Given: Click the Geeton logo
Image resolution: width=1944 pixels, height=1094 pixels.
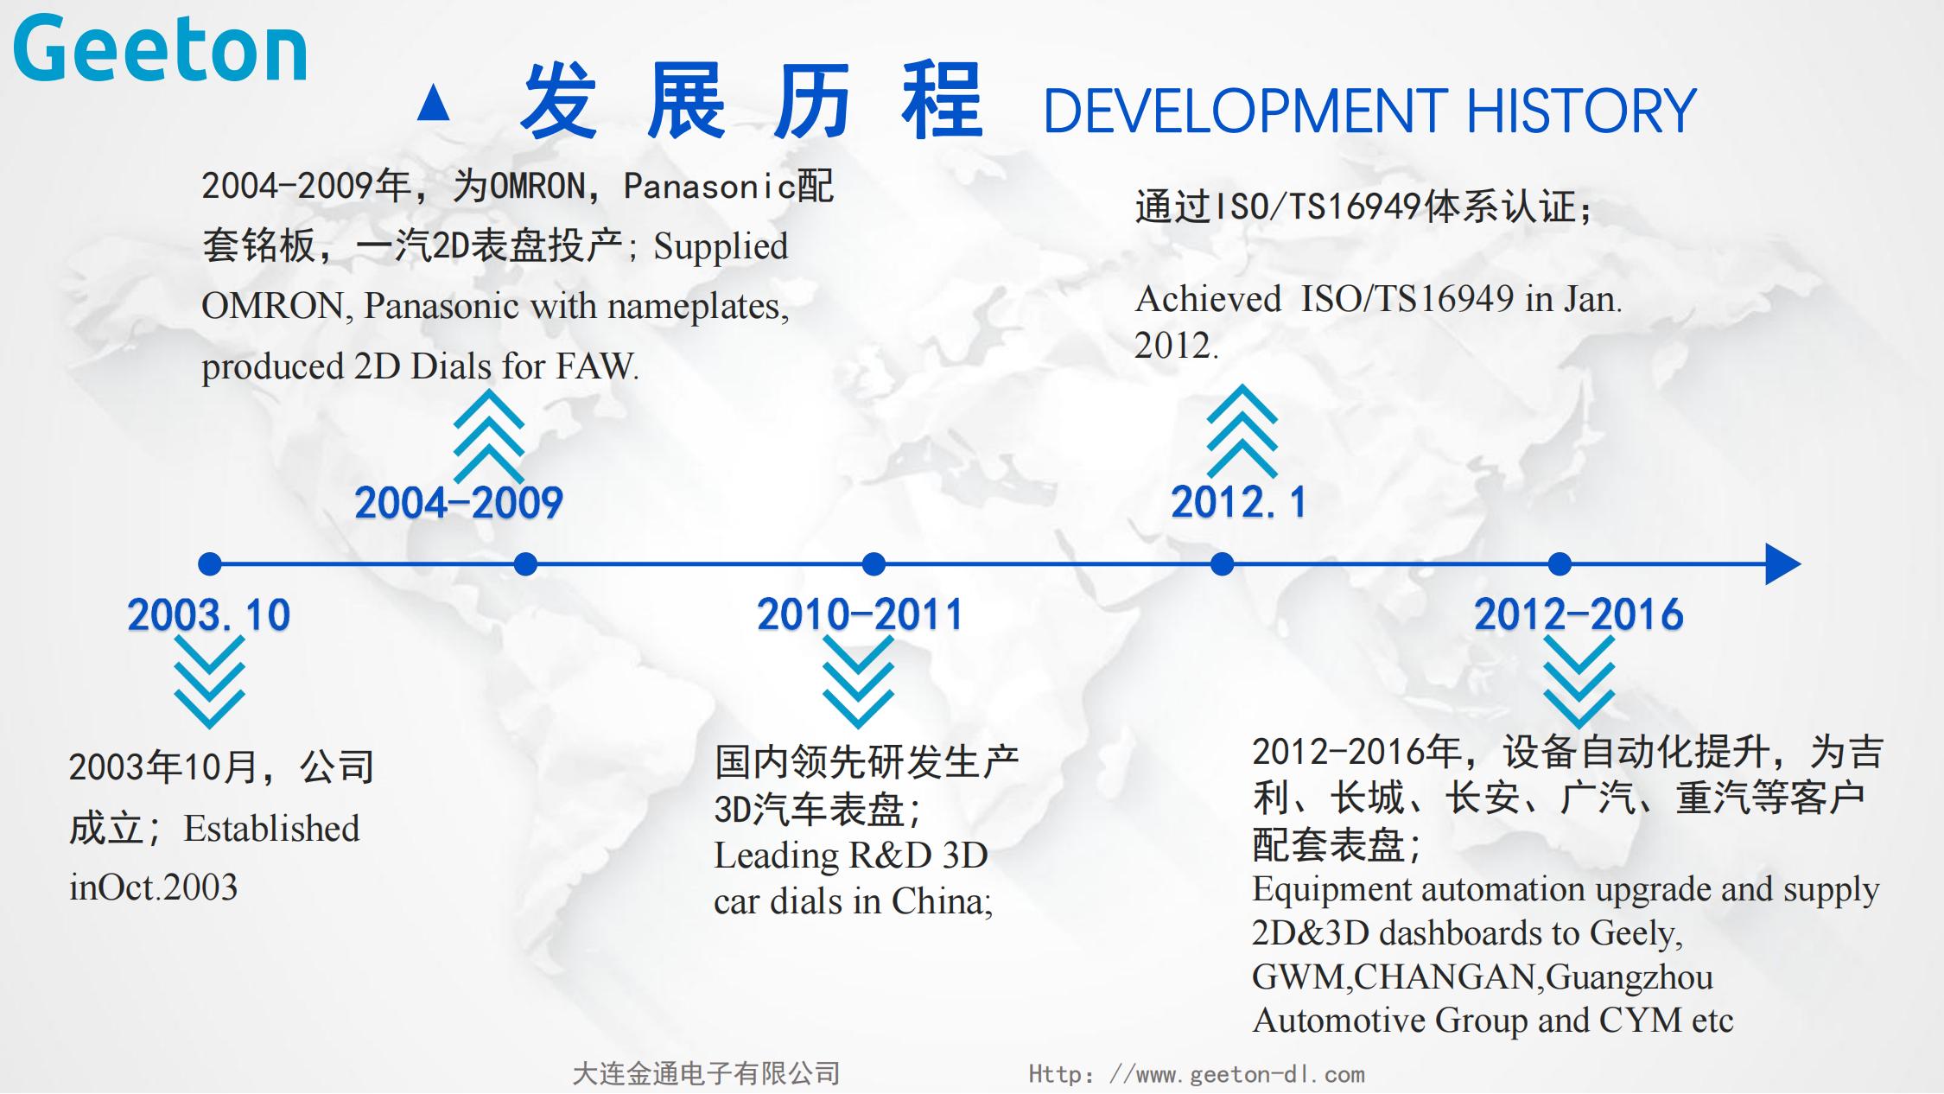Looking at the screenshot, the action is [160, 49].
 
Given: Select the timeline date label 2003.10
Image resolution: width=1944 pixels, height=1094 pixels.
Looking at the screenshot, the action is [209, 614].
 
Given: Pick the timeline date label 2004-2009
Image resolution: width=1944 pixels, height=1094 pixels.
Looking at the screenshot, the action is [459, 502].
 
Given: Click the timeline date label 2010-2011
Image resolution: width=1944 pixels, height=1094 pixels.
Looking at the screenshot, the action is [860, 614].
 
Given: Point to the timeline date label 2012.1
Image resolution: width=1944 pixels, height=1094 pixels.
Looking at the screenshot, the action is [1238, 502].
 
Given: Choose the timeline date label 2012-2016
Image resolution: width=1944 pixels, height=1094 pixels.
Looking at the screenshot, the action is [1579, 614].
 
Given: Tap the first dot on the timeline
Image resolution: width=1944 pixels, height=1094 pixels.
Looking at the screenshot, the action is [210, 564].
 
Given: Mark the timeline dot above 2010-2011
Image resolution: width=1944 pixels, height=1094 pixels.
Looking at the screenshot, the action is [874, 564].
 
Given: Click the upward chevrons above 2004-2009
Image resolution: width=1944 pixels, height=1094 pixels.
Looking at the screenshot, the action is [489, 436].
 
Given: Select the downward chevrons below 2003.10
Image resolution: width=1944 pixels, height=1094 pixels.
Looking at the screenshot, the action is [210, 682].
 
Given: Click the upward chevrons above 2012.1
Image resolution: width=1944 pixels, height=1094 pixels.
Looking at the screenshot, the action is [1242, 431].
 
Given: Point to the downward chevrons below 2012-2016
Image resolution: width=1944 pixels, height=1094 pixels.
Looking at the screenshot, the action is [1579, 682].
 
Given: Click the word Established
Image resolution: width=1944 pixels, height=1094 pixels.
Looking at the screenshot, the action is [271, 829].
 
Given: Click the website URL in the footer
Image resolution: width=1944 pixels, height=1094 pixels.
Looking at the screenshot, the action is [1197, 1074].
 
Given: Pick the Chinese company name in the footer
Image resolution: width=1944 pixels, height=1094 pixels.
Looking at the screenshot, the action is [706, 1074].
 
